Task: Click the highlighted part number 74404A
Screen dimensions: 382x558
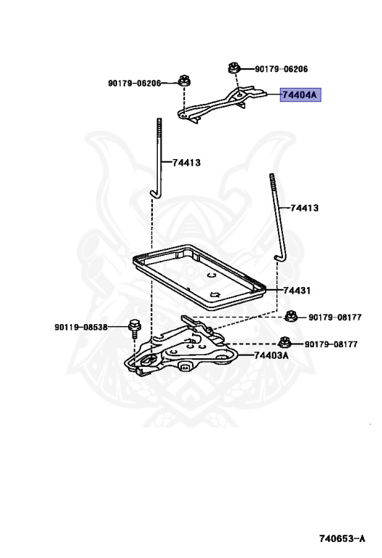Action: tap(300, 95)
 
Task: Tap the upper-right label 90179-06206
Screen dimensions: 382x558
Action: tap(281, 69)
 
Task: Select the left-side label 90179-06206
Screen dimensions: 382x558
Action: tap(135, 84)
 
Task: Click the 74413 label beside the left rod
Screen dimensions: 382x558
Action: tap(186, 163)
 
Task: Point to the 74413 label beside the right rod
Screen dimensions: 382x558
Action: tap(304, 208)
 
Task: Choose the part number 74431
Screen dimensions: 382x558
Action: tap(297, 291)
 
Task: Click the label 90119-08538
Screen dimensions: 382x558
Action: tap(81, 327)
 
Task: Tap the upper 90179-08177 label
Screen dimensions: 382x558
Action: tap(335, 317)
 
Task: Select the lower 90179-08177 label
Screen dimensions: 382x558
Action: tap(330, 344)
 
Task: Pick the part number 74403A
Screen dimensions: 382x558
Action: tap(271, 355)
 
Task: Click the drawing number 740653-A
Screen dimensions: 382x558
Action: tap(342, 538)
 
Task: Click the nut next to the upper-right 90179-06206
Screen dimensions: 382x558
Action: tap(234, 68)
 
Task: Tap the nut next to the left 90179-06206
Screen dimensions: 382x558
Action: tap(184, 80)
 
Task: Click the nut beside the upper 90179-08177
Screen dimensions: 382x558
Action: tap(291, 315)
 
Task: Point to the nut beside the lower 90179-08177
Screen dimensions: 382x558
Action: tap(284, 341)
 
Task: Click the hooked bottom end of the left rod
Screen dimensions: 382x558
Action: tap(155, 194)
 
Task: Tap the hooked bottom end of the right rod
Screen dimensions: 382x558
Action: tap(279, 258)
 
